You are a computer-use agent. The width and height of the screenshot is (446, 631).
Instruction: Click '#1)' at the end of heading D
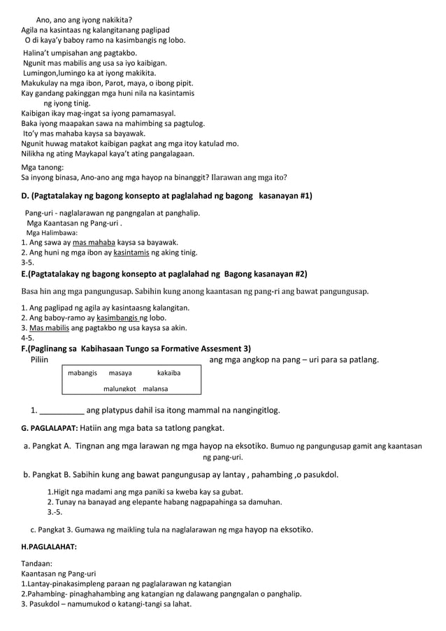pyautogui.click(x=303, y=195)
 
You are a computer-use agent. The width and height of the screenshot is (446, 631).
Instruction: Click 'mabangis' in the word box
pyautogui.click(x=82, y=374)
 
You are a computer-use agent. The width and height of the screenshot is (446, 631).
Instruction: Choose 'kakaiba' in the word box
pyautogui.click(x=168, y=374)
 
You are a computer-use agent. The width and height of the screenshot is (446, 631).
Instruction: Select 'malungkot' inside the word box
pyautogui.click(x=120, y=388)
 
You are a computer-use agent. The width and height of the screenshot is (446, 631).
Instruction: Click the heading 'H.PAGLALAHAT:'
pyautogui.click(x=49, y=546)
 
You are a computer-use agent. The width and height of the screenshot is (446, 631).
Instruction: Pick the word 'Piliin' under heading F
pyautogui.click(x=39, y=360)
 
